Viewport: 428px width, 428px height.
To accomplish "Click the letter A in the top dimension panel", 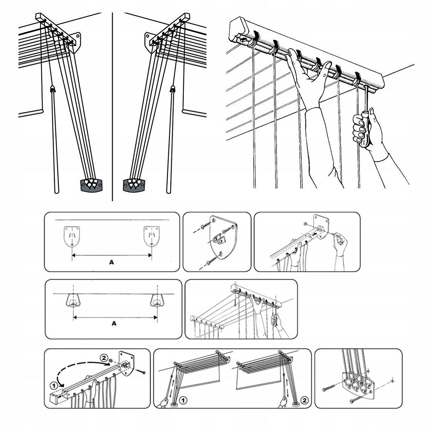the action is point(111,262).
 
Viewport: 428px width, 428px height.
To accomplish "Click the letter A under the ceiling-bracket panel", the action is point(114,323).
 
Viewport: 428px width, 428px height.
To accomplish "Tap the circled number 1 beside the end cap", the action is point(54,385).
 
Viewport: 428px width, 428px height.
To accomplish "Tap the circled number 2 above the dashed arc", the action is point(103,357).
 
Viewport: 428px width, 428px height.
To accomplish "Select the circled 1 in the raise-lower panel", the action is point(183,400).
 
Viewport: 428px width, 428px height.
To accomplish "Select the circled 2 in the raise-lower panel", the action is point(305,400).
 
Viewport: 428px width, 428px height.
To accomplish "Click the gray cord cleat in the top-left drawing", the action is point(92,185).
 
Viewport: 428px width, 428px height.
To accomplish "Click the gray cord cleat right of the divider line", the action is point(134,185).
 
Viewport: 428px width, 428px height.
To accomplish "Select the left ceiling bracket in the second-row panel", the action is point(73,300).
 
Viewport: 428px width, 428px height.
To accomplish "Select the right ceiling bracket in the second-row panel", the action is point(157,300).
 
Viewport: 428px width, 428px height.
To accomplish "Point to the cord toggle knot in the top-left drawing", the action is point(52,89).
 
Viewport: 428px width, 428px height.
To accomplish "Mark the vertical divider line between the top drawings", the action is point(112,107).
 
